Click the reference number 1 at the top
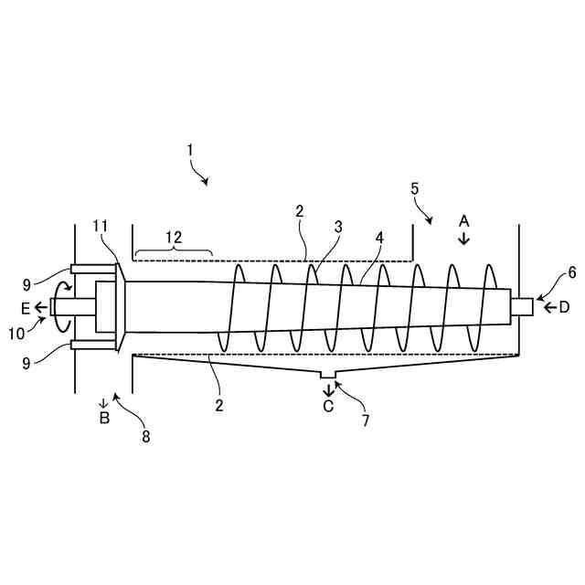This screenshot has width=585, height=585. click(190, 148)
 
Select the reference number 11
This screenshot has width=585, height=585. click(101, 226)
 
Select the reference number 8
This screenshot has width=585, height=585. click(145, 436)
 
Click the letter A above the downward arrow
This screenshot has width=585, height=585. click(463, 220)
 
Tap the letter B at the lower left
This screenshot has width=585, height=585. click(104, 420)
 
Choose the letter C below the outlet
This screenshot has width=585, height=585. click(328, 407)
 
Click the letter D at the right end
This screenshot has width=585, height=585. click(564, 307)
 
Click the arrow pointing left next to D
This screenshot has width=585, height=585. click(548, 307)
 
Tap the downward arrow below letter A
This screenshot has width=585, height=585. click(463, 239)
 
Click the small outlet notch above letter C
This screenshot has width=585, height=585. click(328, 376)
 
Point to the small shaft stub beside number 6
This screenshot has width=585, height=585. click(522, 307)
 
